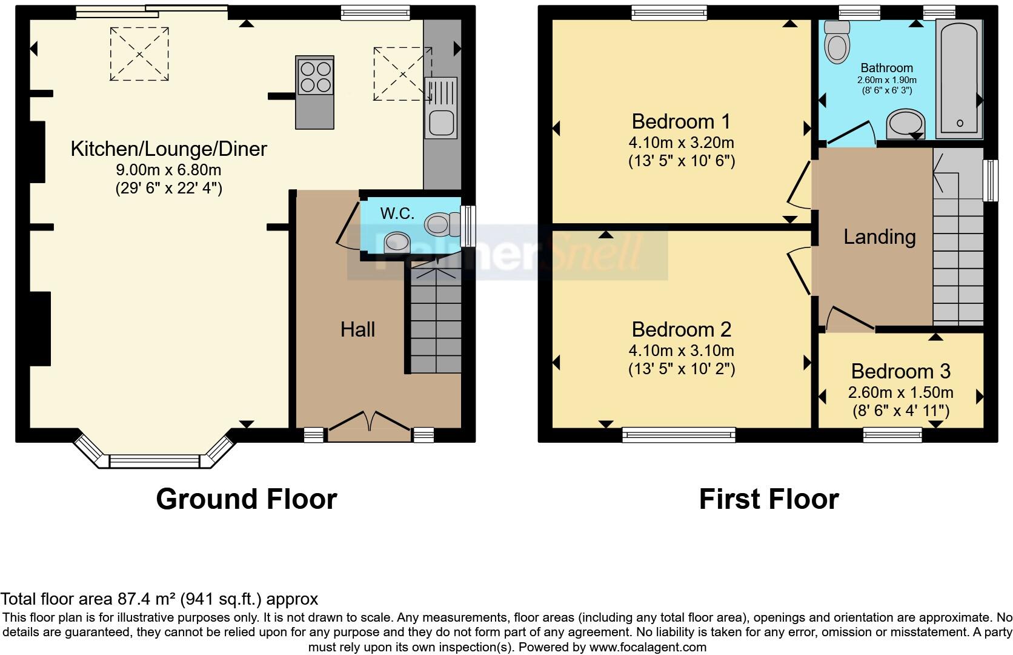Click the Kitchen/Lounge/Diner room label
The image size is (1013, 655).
pyautogui.click(x=168, y=149)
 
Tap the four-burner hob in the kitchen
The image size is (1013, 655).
pyautogui.click(x=315, y=76)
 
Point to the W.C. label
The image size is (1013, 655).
pyautogui.click(x=397, y=213)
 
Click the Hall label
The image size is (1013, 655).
pyautogui.click(x=357, y=329)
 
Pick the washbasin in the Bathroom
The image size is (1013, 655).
pyautogui.click(x=905, y=124)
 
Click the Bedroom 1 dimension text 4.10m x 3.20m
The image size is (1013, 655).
pyautogui.click(x=681, y=143)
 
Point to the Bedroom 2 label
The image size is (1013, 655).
pyautogui.click(x=681, y=329)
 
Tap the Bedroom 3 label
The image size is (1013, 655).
pyautogui.click(x=901, y=372)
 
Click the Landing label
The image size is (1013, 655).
pyautogui.click(x=880, y=237)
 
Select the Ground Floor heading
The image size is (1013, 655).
pyautogui.click(x=247, y=499)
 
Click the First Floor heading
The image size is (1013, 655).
pyautogui.click(x=769, y=499)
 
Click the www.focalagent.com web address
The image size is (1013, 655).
pyautogui.click(x=648, y=647)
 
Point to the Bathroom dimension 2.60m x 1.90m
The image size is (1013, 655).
pyautogui.click(x=887, y=80)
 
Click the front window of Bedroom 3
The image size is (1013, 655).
pyautogui.click(x=892, y=435)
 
